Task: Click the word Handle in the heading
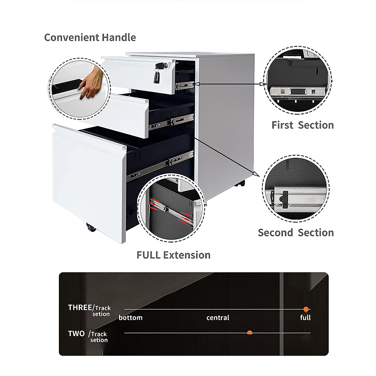(119, 37)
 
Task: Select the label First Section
(303, 125)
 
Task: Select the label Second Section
(296, 232)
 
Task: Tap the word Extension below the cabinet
(187, 255)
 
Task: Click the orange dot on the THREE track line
(306, 309)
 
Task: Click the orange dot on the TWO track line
(249, 332)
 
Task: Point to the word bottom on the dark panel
(131, 318)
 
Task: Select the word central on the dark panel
(218, 318)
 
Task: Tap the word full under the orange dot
(305, 318)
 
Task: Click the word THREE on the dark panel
(80, 308)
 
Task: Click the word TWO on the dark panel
(76, 334)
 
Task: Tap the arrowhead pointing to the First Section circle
(264, 84)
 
